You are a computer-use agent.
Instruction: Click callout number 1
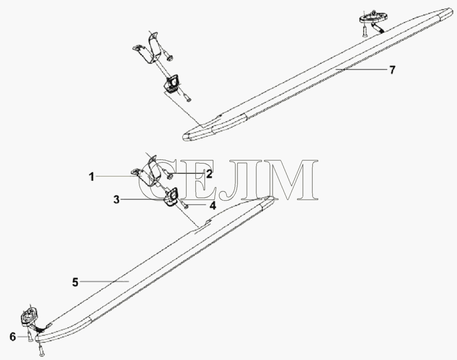click(92, 177)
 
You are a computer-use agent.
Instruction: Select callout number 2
click(209, 174)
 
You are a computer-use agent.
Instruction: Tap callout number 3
click(116, 200)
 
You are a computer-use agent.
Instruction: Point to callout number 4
click(213, 205)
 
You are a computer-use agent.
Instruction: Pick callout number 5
click(76, 282)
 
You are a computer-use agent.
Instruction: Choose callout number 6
click(12, 337)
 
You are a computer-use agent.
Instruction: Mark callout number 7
click(392, 70)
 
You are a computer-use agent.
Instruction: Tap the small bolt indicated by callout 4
click(184, 204)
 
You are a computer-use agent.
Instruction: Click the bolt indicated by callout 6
click(30, 335)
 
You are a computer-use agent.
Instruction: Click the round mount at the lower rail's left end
click(29, 315)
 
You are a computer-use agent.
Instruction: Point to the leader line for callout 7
click(361, 69)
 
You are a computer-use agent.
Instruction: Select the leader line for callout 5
click(105, 281)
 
